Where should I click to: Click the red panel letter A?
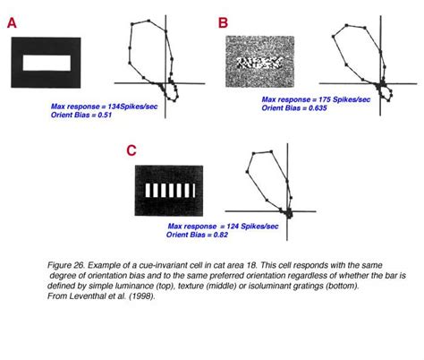click(x=12, y=24)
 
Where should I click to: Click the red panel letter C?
click(x=131, y=150)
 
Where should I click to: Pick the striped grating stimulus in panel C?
click(x=166, y=191)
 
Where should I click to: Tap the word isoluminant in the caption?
click(x=293, y=287)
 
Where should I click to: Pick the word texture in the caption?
click(x=225, y=287)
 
